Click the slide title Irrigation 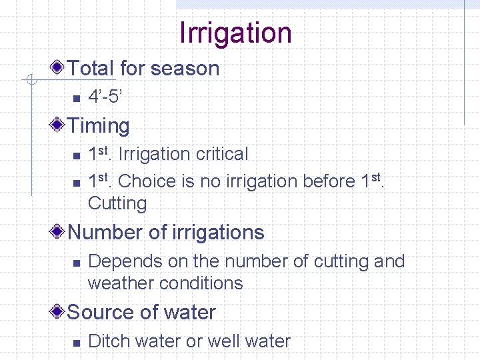(235, 33)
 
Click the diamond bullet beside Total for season (59, 67)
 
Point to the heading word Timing (99, 126)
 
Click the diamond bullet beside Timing (59, 125)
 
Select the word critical (222, 154)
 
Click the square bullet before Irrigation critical (76, 155)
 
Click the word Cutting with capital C (117, 203)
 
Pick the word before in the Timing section (327, 181)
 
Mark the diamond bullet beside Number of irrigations (59, 231)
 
